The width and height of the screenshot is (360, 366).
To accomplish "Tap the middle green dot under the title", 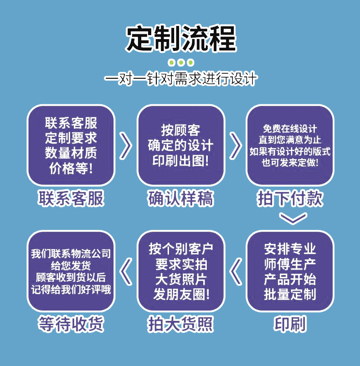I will (x=181, y=62).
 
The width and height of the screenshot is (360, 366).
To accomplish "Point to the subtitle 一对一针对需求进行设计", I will (x=181, y=79).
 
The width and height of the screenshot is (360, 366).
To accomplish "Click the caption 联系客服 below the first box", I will (x=71, y=199).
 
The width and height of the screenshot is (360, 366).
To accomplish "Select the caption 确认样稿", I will (x=181, y=199).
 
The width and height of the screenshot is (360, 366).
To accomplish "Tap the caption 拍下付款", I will (x=290, y=199).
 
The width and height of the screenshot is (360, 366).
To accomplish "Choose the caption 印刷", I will (x=290, y=324).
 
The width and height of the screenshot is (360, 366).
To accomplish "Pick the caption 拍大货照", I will (x=181, y=324).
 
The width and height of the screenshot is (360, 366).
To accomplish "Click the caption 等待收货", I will (x=71, y=324).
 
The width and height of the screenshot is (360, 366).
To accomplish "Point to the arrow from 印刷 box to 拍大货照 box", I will (x=236, y=271).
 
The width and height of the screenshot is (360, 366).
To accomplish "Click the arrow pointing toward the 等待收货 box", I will (x=126, y=271).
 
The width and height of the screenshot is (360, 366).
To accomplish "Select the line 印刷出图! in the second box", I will (x=181, y=161).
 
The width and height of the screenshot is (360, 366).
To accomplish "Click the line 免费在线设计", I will (x=290, y=129).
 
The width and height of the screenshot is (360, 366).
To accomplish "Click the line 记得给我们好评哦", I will (x=71, y=290).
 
